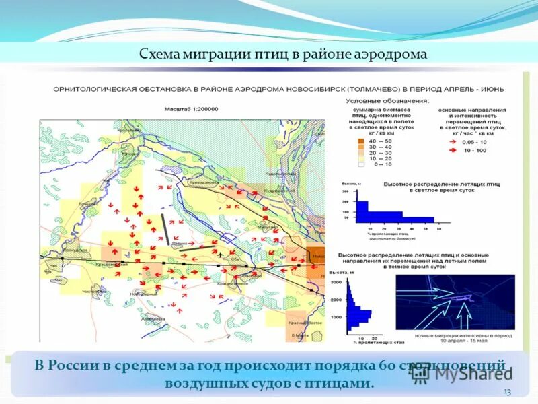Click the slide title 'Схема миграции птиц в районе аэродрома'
click(x=283, y=54)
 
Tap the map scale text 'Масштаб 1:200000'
click(x=196, y=108)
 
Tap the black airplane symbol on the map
click(x=220, y=254)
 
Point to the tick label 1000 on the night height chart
click(x=336, y=316)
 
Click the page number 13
click(x=507, y=392)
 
